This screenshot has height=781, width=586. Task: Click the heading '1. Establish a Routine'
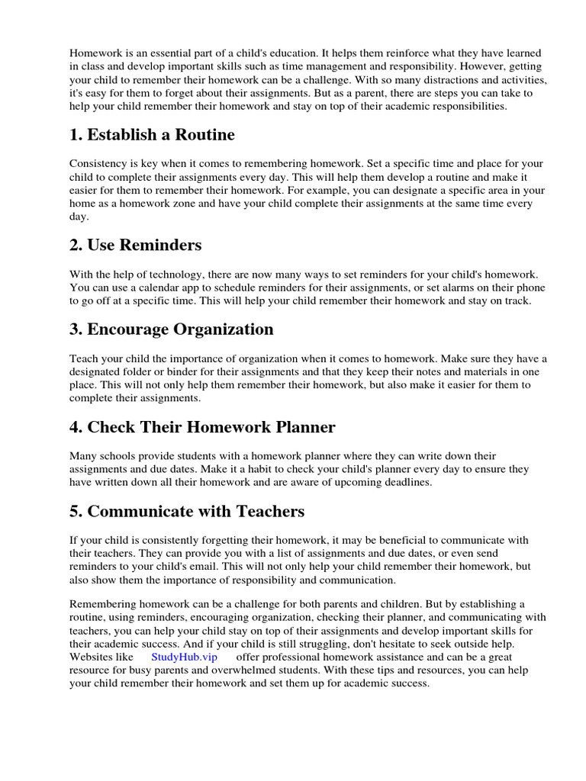click(152, 135)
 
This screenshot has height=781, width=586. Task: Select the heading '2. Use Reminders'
click(136, 245)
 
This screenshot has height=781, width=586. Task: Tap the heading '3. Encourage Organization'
click(171, 329)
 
